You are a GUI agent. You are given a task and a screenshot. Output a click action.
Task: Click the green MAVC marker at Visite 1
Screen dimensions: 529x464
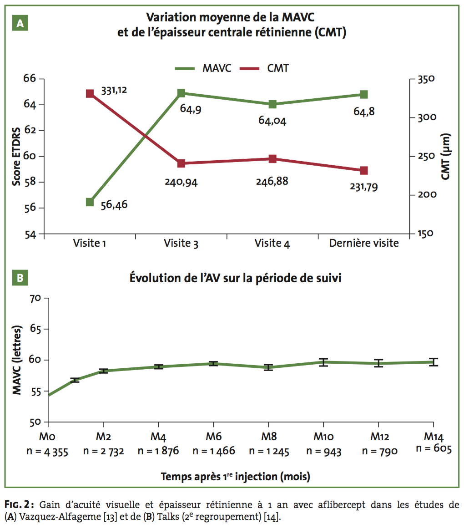90,202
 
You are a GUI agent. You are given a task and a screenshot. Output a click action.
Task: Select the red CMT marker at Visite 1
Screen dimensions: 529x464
90,94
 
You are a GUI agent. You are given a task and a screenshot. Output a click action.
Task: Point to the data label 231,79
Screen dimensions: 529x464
363,187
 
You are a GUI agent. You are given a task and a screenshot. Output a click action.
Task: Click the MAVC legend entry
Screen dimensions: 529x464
203,68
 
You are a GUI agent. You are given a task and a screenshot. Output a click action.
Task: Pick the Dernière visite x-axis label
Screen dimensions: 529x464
363,243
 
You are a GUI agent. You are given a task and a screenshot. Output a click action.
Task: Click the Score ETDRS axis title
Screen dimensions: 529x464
16,156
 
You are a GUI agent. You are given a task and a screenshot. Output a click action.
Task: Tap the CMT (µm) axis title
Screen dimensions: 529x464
446,156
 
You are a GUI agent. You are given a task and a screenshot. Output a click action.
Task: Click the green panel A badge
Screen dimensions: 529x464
20,24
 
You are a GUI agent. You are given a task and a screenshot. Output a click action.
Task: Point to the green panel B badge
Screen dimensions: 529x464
20,278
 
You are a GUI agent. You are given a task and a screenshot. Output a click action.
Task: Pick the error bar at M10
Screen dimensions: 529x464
323,362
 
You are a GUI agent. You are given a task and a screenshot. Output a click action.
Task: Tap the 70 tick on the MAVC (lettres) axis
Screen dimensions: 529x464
35,298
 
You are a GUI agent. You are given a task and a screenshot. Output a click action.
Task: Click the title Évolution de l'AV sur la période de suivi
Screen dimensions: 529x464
235,278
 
